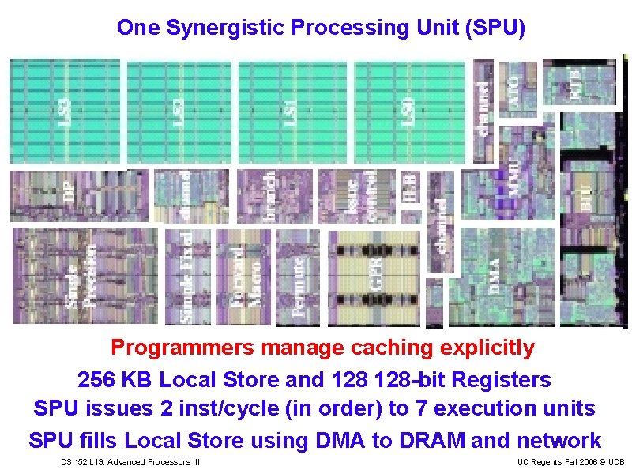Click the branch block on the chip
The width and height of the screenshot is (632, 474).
pyautogui.click(x=270, y=194)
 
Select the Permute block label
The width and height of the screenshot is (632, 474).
pyautogui.click(x=299, y=287)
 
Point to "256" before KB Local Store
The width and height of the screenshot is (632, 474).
pyautogui.click(x=96, y=379)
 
